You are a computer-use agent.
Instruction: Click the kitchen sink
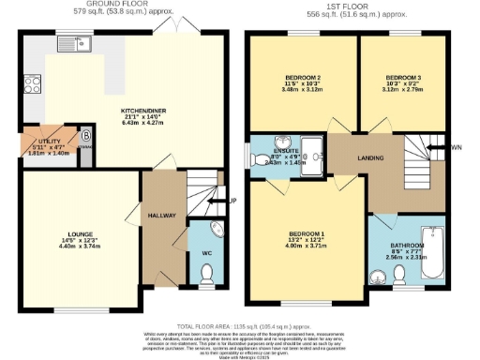pyautogui.click(x=82, y=41)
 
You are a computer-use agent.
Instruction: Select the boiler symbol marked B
pyautogui.click(x=86, y=134)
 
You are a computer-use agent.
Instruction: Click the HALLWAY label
pyautogui.click(x=162, y=216)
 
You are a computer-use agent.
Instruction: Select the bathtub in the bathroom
pyautogui.click(x=433, y=254)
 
